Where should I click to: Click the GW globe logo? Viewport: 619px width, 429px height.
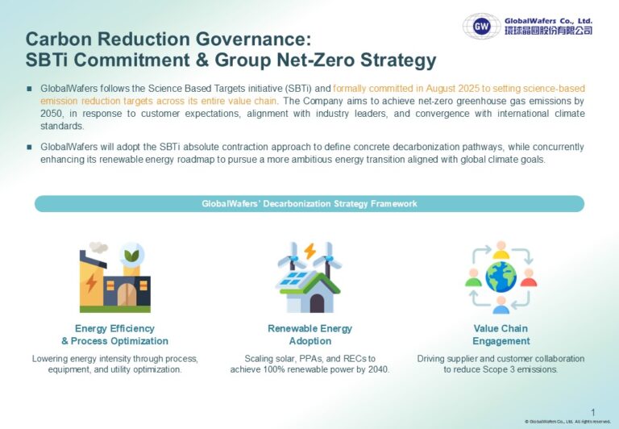[481, 26]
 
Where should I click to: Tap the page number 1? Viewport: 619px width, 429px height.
[593, 411]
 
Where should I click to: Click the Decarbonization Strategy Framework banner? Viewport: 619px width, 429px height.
[309, 204]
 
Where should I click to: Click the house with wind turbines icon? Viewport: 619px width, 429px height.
[309, 279]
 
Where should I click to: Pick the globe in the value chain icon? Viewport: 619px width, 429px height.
[501, 277]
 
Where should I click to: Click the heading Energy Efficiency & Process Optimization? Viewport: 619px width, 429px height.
[114, 335]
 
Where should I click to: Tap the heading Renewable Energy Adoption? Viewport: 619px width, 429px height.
[309, 335]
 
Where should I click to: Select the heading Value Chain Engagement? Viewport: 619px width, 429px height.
[501, 335]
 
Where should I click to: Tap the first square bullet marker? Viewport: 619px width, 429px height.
[29, 88]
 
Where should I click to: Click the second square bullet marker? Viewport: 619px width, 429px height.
[29, 147]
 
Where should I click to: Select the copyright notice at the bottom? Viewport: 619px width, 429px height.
[567, 422]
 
